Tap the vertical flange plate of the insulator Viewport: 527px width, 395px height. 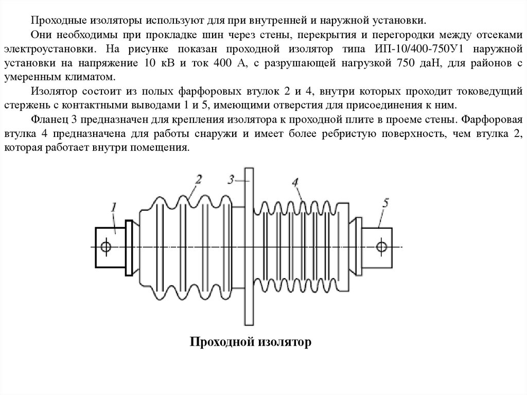coord(249,247)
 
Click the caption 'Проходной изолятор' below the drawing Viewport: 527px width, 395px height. coord(252,342)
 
